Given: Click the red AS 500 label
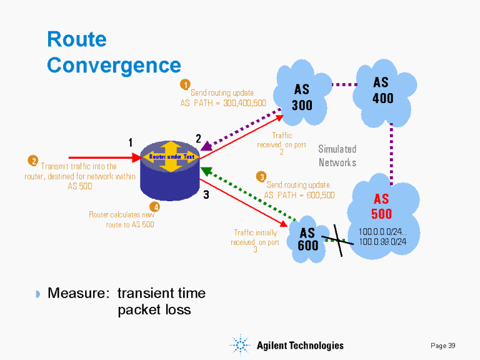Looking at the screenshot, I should pos(381,206).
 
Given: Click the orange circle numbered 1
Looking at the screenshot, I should pos(185,84).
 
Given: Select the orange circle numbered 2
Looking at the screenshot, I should pos(33,161).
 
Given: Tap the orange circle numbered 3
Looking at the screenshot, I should pos(262,177).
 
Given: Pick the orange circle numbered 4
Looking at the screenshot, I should pos(155,206).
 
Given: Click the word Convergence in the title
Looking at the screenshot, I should pos(114,65).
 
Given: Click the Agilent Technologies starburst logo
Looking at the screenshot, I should pos(241,345).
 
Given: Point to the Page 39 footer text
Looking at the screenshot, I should pos(443,346).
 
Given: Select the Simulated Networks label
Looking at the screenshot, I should pos(337,156).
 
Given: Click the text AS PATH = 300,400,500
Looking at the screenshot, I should pos(223,103).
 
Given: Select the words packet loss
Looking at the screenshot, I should pos(154,310).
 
